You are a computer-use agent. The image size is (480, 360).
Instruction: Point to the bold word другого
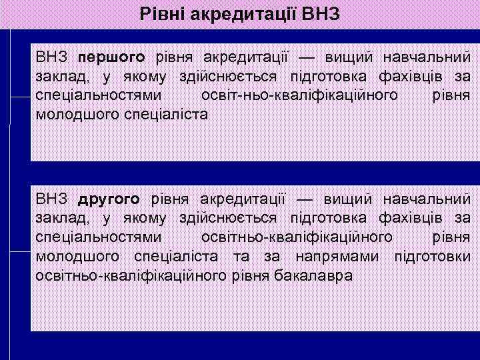pos(109,199)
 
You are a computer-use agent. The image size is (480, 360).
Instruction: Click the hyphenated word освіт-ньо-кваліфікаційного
pos(299,95)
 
